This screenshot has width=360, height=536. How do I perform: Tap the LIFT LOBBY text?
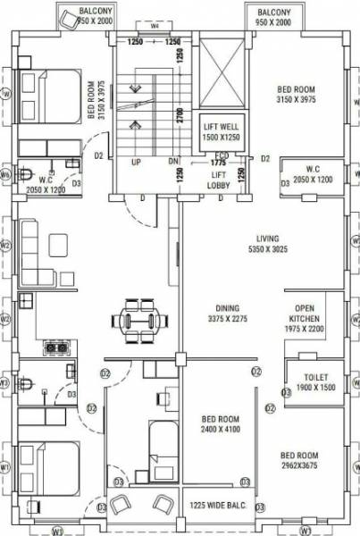pos(219,179)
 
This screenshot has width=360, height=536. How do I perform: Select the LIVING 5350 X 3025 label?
pos(267,244)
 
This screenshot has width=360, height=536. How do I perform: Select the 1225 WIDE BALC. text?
pos(219,506)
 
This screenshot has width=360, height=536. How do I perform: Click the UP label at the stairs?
pos(137,163)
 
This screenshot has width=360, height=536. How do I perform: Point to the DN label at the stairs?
pos(174,163)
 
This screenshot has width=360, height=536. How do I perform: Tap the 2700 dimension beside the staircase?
pos(179,114)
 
